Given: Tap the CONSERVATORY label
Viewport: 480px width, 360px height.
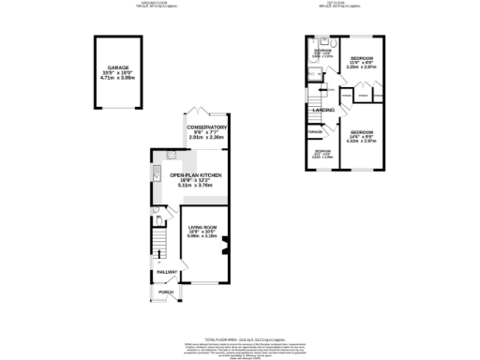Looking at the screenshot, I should coord(206,127).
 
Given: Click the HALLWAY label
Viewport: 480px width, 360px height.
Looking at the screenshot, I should coord(167,272).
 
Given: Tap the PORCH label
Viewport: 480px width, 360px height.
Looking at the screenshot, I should coord(166,292).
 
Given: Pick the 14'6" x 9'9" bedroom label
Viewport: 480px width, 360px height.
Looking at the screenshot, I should coord(360,131).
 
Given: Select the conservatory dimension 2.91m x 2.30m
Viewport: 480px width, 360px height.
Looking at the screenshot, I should coord(206,139).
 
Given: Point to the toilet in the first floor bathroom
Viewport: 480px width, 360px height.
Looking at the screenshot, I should coord(333,43).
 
